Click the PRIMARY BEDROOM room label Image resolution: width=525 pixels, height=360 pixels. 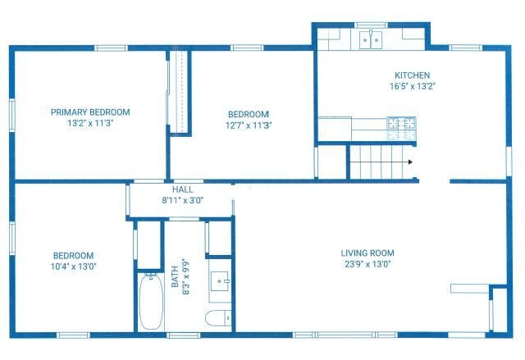click(90, 112)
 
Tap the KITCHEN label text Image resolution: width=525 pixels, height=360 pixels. click(412, 75)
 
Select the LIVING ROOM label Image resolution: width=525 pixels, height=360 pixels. click(367, 253)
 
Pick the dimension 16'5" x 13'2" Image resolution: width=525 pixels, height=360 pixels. click(412, 85)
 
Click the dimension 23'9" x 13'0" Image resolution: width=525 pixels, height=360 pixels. click(367, 264)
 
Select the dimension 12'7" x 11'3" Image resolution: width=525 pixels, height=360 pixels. click(248, 125)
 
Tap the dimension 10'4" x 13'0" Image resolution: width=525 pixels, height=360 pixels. click(73, 267)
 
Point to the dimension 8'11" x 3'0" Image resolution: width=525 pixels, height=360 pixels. click(182, 199)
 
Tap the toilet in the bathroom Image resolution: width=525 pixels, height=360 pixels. click(218, 319)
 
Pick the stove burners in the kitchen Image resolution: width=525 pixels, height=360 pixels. click(402, 127)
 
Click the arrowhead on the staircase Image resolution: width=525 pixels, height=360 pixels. click(409, 162)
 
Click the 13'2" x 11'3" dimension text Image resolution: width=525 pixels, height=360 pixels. click(90, 123)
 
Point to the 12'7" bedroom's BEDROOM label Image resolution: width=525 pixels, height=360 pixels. click(248, 115)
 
